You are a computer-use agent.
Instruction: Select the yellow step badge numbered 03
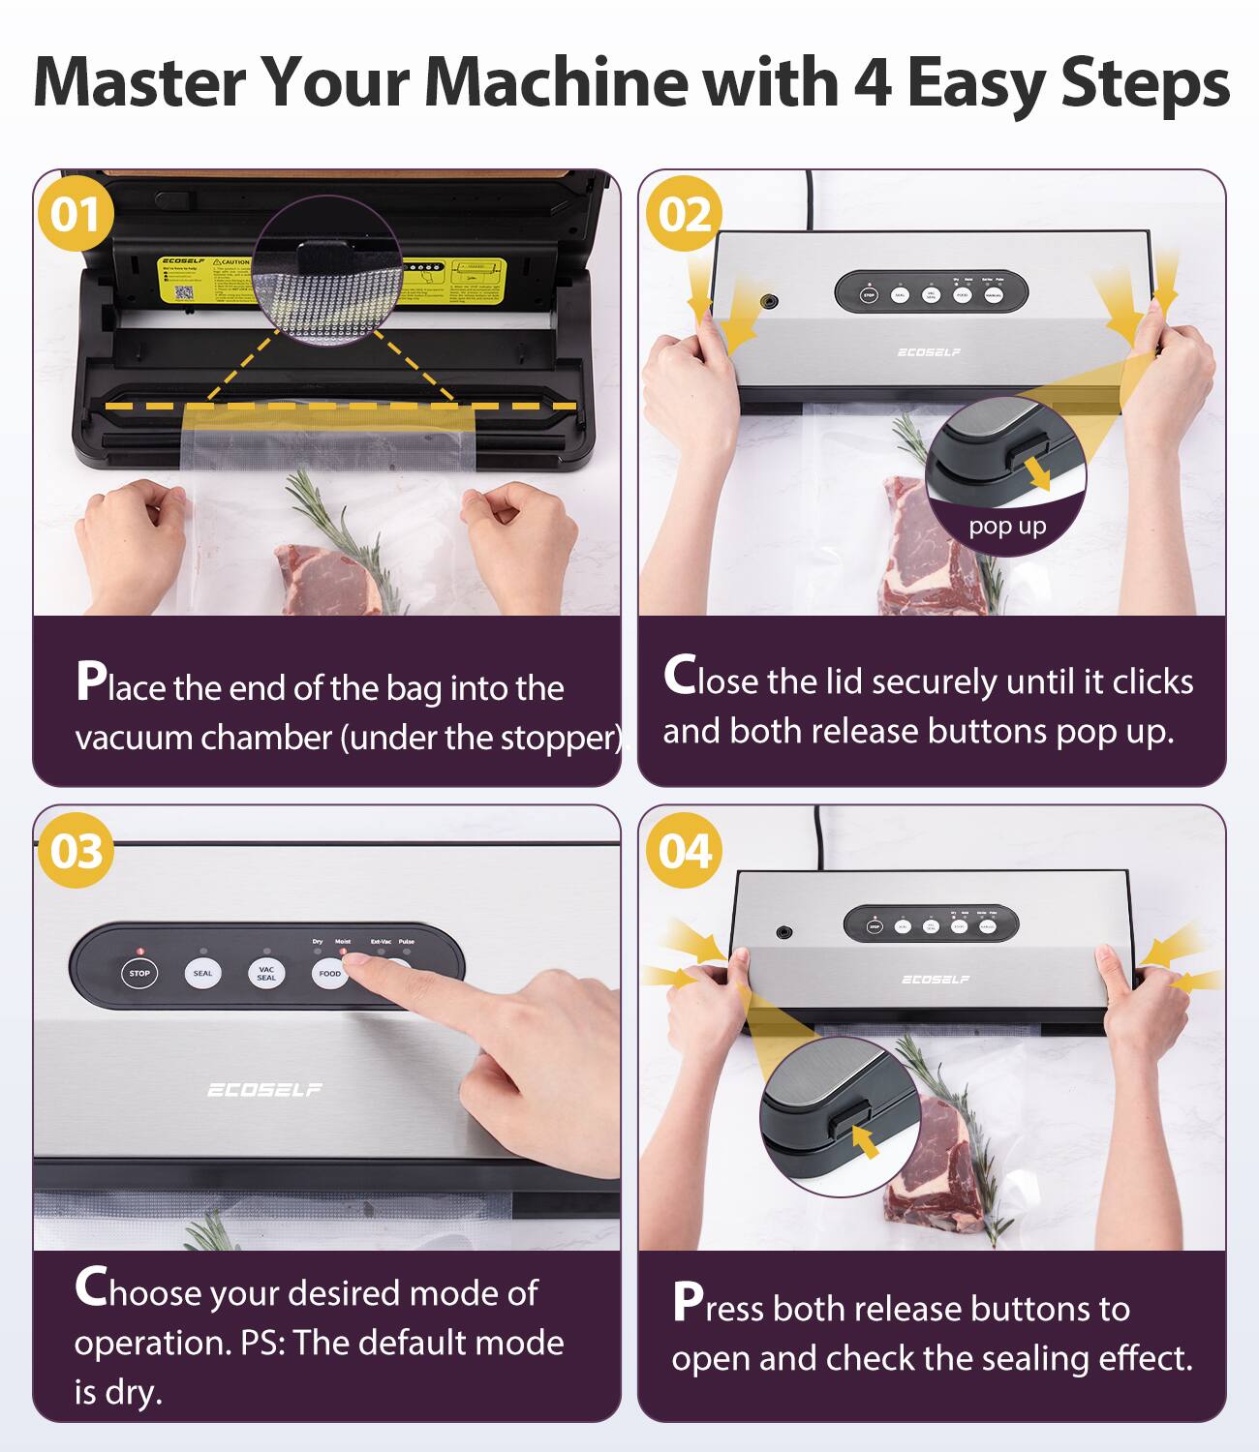coord(76,851)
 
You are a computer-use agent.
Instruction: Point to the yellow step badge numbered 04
coord(684,851)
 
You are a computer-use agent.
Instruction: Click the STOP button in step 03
coord(139,973)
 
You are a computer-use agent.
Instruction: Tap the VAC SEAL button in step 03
coord(266,973)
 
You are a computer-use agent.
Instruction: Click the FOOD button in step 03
coord(329,973)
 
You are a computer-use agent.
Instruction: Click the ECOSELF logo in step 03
coord(264,1090)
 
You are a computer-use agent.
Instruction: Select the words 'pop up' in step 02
coord(1007,526)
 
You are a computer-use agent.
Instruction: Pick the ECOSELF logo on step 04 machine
coord(935,980)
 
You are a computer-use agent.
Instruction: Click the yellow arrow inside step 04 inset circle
coord(865,1140)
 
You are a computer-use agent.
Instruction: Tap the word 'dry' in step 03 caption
coord(131,1392)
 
